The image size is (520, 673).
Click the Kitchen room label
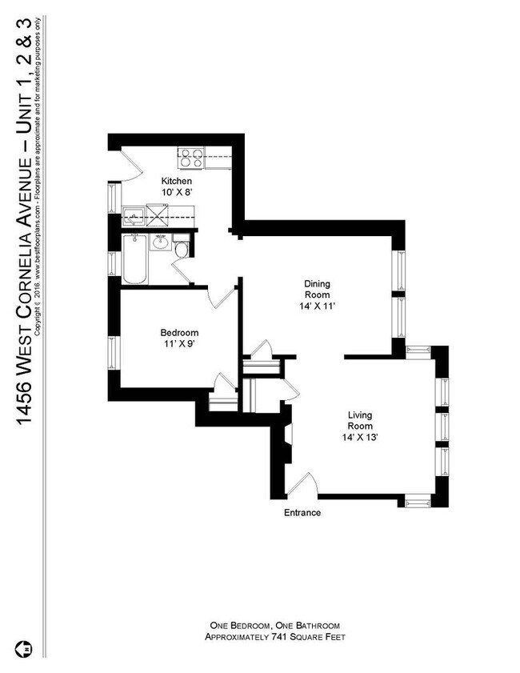(x=177, y=182)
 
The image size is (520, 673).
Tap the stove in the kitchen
(x=190, y=158)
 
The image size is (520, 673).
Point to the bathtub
(x=134, y=259)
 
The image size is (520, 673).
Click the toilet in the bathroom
(x=182, y=249)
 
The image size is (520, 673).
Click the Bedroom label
(x=179, y=333)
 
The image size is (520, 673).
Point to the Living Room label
(x=361, y=420)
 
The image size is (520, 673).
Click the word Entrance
(x=302, y=513)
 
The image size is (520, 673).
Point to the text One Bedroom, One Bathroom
(x=274, y=625)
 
